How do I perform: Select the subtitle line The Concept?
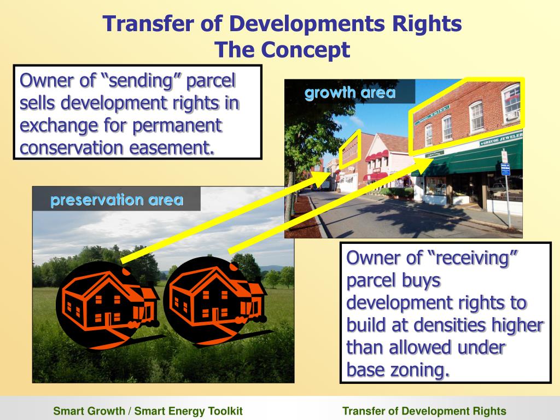pos(282,50)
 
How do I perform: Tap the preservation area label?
pos(116,200)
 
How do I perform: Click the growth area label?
pos(350,92)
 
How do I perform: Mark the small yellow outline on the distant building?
pos(349,149)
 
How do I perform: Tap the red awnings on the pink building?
pos(377,158)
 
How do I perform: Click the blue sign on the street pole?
pos(505,170)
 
